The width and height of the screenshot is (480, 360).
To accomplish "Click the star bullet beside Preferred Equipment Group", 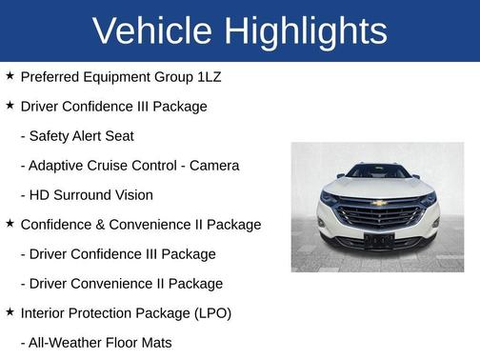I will tap(10, 75).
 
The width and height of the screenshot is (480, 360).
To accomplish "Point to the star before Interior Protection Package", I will tap(10, 311).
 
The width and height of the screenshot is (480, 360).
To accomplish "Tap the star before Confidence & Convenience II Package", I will tap(10, 223).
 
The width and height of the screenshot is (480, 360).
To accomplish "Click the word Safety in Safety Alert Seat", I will tap(52, 136).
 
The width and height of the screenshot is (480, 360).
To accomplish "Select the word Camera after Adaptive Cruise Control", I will tap(214, 166).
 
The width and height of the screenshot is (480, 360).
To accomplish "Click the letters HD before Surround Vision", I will tap(40, 195).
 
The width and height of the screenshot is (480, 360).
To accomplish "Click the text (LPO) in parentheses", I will tap(210, 312).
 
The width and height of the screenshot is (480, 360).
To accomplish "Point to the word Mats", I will tap(154, 342).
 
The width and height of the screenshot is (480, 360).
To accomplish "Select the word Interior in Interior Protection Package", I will tap(45, 312).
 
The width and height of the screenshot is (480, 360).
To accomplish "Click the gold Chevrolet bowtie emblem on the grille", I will tap(379, 202).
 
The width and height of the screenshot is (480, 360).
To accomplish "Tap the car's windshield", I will tap(378, 171).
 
